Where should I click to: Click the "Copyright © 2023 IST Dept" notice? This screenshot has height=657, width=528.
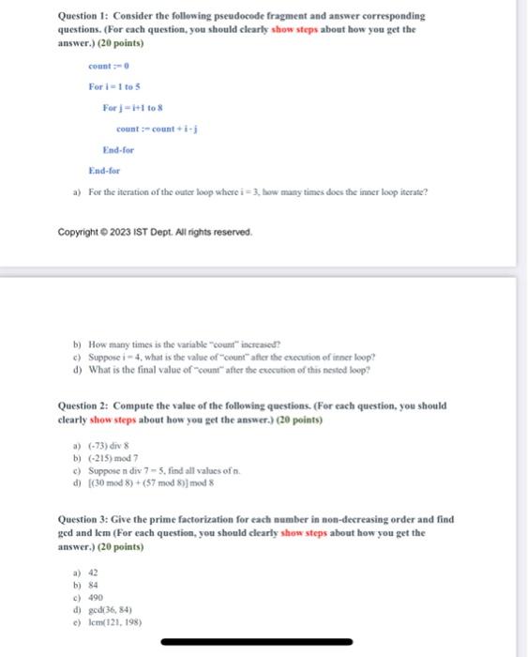click(x=155, y=232)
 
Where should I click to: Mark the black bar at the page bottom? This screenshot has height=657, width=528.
click(x=264, y=642)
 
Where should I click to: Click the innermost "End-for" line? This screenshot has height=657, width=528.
click(x=118, y=150)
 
